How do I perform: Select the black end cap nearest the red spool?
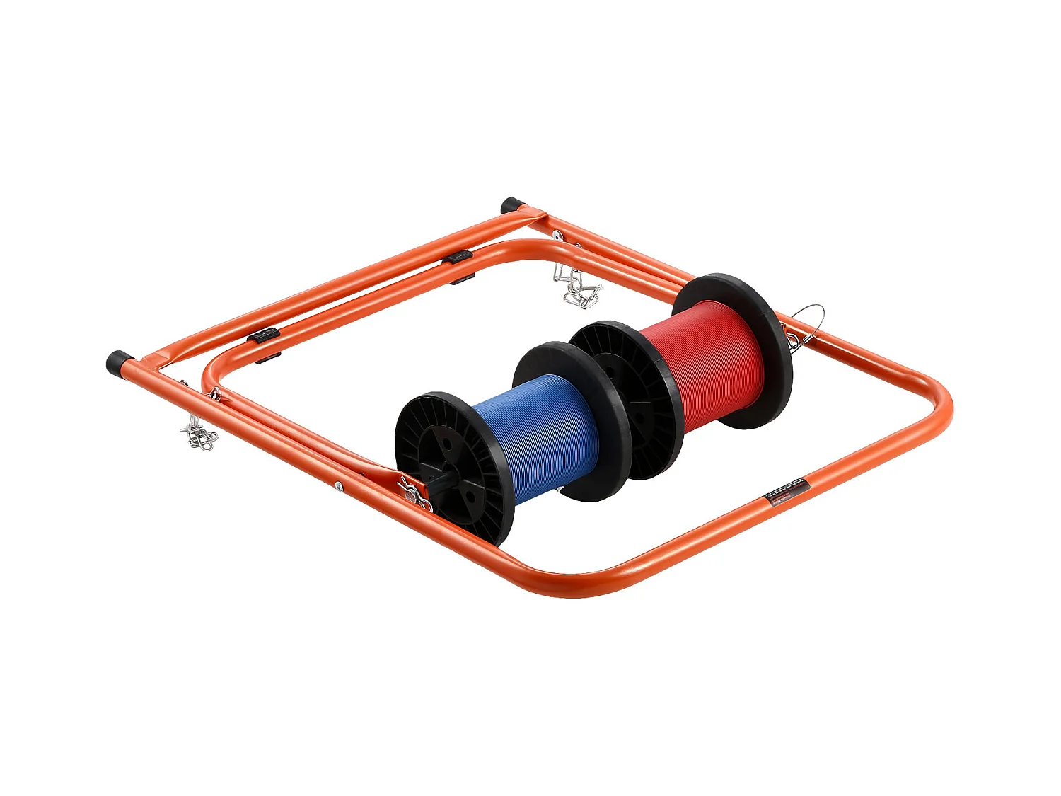pos(511,206)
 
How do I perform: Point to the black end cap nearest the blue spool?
pos(117,362)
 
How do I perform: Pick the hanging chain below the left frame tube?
pos(199,434)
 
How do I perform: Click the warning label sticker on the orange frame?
pos(787,490)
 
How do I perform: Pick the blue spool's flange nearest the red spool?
pos(569,421)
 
